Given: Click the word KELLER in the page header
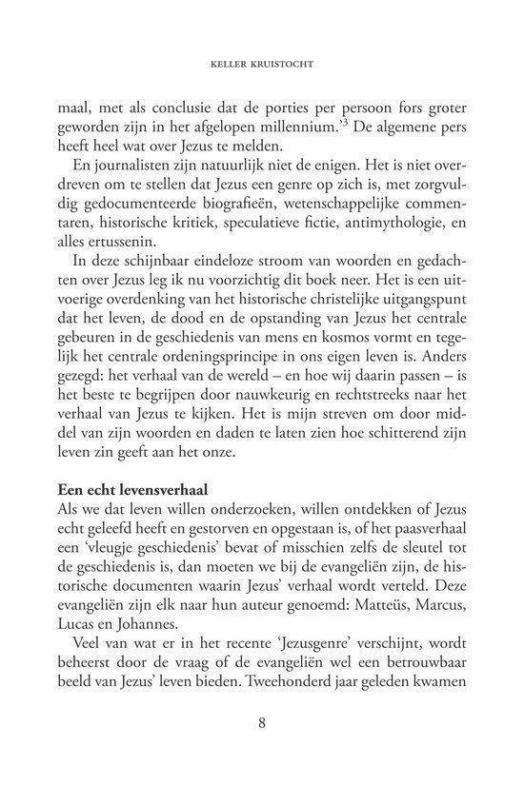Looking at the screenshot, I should pyautogui.click(x=227, y=68).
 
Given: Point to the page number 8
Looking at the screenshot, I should pyautogui.click(x=261, y=722).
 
